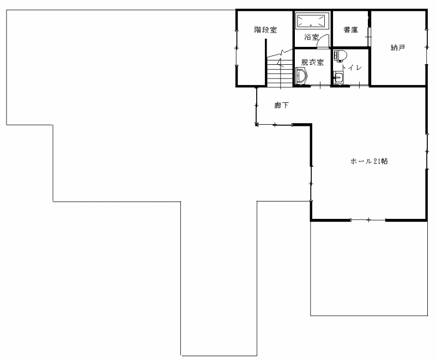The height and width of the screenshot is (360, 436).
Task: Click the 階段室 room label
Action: pos(265,30)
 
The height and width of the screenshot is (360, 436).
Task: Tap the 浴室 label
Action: pos(311,37)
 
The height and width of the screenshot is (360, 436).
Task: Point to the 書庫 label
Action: pos(350,30)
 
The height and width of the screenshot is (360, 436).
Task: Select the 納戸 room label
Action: pos(398,48)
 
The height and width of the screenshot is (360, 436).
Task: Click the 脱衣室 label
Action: pos(312,62)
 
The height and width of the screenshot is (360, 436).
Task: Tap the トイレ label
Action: pos(352,68)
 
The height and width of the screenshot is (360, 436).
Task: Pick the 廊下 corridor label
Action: pos(281,105)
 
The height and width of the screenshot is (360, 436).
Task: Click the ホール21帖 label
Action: pos(369,161)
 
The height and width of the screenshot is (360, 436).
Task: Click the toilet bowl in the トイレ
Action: pos(340,56)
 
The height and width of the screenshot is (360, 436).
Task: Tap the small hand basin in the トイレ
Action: pos(338,77)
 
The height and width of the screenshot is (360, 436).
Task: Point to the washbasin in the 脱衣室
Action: pos(301,75)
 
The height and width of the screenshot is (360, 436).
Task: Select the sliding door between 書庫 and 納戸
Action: pos(370,36)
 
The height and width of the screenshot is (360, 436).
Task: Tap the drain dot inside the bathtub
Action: pos(311,25)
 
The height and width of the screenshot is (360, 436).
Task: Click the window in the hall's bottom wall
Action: pos(368,220)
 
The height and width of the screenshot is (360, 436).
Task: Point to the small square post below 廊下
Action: pos(257,124)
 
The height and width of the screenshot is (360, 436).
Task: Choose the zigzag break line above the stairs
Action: pos(280,53)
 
